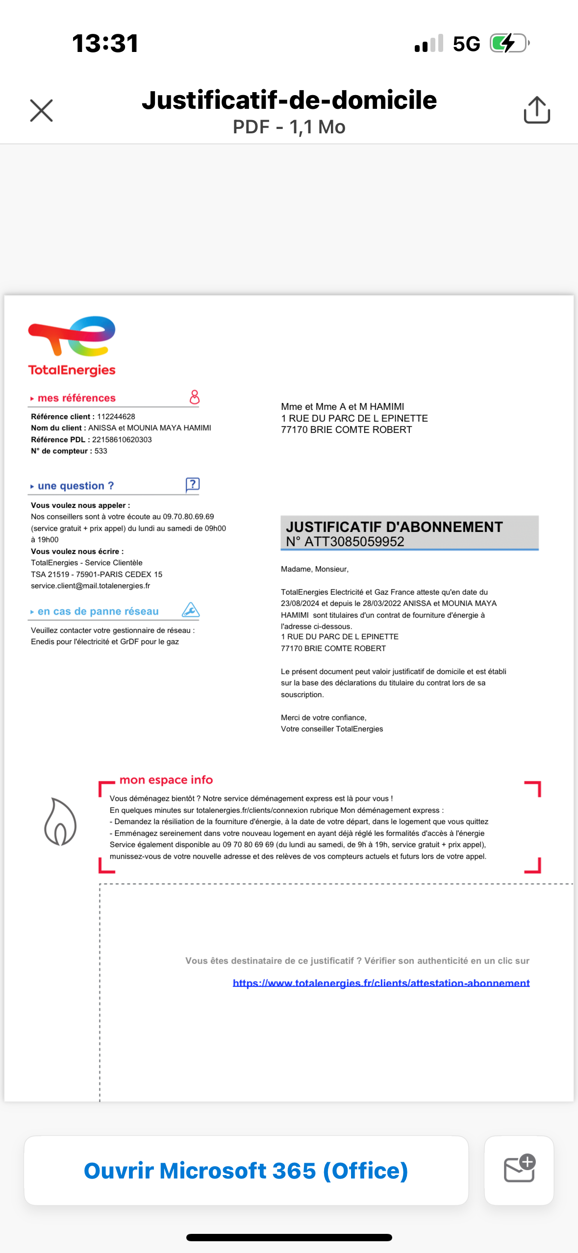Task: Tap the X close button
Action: click(41, 110)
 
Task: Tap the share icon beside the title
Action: click(537, 110)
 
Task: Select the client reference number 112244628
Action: click(116, 417)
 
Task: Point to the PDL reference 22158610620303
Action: click(122, 440)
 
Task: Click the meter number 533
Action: click(101, 451)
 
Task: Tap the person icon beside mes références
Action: click(195, 397)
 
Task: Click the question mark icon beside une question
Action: click(193, 484)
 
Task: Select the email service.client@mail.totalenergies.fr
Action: click(91, 586)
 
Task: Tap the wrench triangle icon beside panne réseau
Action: click(191, 610)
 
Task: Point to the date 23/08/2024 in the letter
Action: click(300, 603)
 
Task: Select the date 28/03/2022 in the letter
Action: click(382, 603)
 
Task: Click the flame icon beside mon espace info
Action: click(60, 822)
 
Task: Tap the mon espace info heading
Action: click(166, 780)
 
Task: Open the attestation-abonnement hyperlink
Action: click(381, 983)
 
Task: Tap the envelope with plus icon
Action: click(519, 1170)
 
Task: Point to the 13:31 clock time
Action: click(105, 43)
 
